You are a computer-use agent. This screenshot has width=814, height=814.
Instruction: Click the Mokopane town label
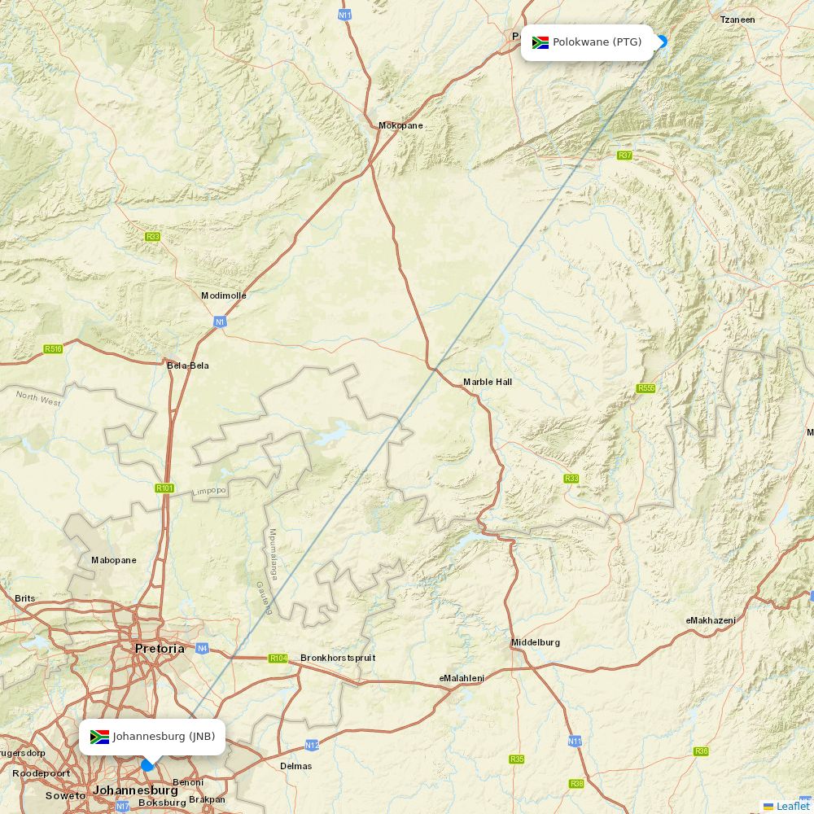click(x=400, y=125)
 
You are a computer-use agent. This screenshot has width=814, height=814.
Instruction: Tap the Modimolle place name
click(x=224, y=295)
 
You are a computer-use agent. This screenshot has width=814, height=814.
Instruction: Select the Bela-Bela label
click(x=188, y=365)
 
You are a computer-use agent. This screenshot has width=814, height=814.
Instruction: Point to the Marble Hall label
click(x=488, y=382)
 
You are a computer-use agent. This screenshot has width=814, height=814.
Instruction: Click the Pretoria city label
click(x=160, y=649)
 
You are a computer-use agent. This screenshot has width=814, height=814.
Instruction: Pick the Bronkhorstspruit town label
click(x=338, y=658)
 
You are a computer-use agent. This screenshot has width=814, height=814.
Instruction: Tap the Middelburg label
click(x=536, y=642)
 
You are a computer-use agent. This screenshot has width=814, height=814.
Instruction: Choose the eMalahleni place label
click(x=462, y=678)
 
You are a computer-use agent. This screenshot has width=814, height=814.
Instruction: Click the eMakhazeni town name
click(x=711, y=620)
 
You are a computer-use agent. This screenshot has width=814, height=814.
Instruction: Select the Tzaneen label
click(x=737, y=20)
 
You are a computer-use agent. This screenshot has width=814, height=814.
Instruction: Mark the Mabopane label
click(x=114, y=560)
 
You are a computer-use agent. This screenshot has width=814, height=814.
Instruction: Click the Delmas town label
click(x=295, y=766)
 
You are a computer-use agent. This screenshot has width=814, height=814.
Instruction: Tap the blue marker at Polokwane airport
click(x=661, y=42)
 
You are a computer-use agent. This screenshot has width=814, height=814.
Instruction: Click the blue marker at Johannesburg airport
click(x=147, y=765)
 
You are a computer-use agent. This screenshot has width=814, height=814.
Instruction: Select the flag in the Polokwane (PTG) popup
click(x=540, y=42)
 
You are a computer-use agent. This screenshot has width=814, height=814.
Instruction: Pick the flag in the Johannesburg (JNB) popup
click(x=99, y=737)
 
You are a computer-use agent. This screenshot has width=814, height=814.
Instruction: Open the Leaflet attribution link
click(x=792, y=806)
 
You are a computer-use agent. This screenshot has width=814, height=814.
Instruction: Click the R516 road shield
click(x=54, y=349)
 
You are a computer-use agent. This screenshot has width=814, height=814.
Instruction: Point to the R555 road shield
click(x=646, y=388)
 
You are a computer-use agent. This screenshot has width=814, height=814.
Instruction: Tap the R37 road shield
click(x=624, y=155)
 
